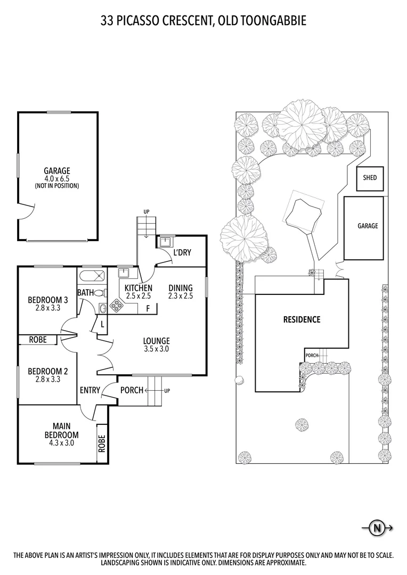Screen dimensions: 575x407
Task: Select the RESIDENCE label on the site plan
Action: coord(302,319)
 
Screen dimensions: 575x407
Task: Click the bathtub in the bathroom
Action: coord(92,277)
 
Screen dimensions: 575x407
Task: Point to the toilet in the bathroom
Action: coord(99,292)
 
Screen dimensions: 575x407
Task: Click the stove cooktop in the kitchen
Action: coord(116,306)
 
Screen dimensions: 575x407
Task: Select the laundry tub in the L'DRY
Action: coord(164,241)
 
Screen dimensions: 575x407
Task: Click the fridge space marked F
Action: coord(148,308)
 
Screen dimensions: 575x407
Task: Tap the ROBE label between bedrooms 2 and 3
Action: coord(37,340)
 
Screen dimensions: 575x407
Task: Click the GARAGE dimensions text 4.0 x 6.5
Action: coord(57,179)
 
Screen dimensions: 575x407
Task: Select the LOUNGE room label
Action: coord(156,341)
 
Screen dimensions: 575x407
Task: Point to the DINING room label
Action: coord(180,288)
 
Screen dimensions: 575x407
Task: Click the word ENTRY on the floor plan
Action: coord(89,390)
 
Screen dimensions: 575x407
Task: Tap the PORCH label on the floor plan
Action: coord(132,390)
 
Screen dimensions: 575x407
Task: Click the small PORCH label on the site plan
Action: coord(312,355)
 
